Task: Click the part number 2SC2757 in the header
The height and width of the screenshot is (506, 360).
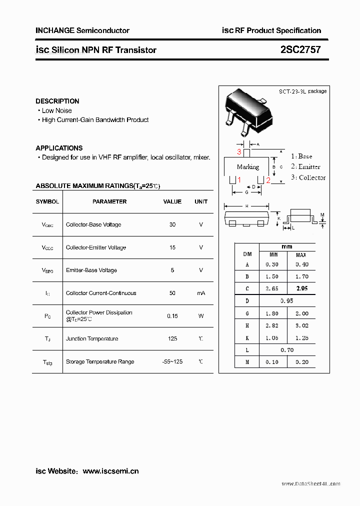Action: (x=300, y=49)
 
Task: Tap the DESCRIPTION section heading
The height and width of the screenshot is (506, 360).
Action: (x=57, y=101)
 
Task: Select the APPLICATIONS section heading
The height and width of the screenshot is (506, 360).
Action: (x=59, y=148)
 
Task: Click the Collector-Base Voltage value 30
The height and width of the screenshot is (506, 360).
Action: (x=172, y=224)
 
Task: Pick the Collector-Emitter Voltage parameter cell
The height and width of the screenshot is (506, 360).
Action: (x=96, y=247)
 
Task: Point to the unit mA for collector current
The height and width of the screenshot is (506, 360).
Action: (x=201, y=293)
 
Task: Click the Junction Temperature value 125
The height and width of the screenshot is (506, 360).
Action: (x=172, y=338)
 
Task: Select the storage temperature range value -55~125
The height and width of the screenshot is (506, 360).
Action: (x=172, y=361)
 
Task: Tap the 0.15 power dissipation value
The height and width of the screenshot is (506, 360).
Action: (x=172, y=316)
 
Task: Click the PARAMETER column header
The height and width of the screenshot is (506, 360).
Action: (x=109, y=201)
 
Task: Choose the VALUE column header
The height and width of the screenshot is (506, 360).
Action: (x=172, y=201)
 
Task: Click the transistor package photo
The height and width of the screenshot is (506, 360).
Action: (x=248, y=111)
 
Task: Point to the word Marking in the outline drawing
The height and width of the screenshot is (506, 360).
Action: (x=248, y=167)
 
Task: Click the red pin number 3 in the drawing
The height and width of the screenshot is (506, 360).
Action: (x=239, y=151)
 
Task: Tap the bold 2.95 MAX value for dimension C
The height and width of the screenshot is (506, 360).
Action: (x=301, y=288)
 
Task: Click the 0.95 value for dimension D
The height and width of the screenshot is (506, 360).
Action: (x=287, y=301)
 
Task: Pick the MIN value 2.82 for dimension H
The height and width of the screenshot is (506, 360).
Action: (x=273, y=325)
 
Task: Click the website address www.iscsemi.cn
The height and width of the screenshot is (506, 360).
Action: (x=110, y=471)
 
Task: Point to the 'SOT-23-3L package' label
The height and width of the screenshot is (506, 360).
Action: (x=302, y=91)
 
